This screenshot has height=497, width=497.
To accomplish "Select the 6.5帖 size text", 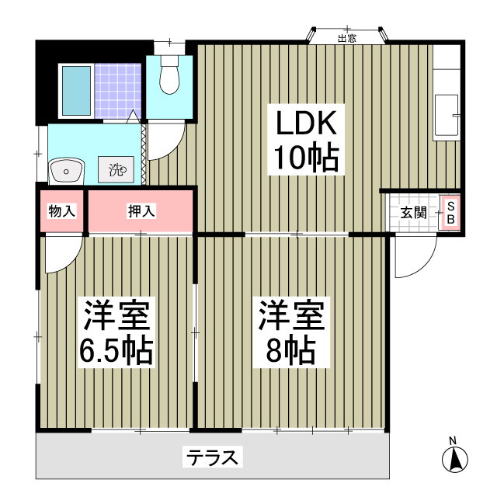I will pyautogui.click(x=119, y=353).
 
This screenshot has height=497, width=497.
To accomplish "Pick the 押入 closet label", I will pyautogui.click(x=141, y=210).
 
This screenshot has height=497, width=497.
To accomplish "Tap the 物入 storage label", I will pyautogui.click(x=61, y=210).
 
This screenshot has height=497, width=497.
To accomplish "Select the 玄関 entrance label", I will pyautogui.click(x=413, y=212).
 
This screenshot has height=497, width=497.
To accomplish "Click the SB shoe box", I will pyautogui.click(x=450, y=212).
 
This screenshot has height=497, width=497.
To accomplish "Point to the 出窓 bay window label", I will pyautogui.click(x=346, y=38).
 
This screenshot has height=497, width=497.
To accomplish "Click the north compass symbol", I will pyautogui.click(x=454, y=461).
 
